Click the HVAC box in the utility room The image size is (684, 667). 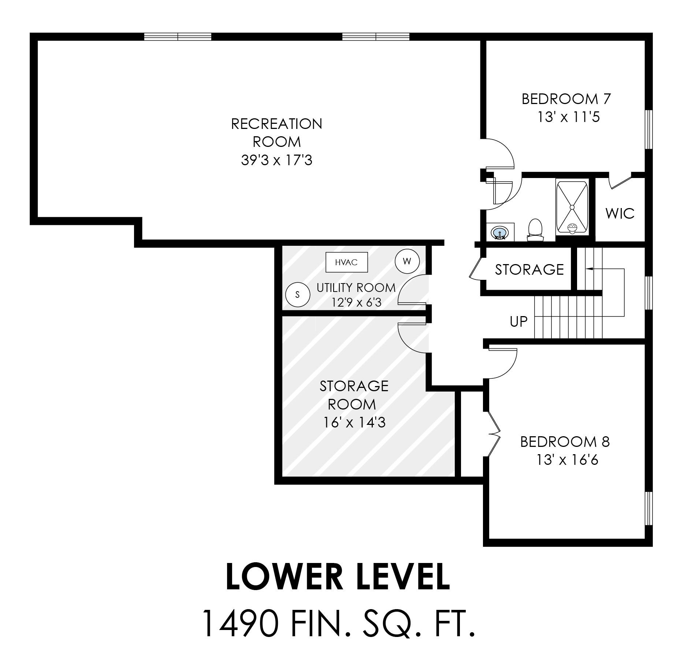point(346,262)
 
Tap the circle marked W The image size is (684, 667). point(407,261)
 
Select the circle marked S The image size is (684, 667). point(297,294)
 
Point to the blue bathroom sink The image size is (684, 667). point(500,233)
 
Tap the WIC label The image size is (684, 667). point(620,213)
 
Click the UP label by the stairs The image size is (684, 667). point(518,322)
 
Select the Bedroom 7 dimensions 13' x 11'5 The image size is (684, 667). point(569,117)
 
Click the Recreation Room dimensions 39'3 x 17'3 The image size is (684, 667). point(276,160)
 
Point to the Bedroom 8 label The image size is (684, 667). point(565,442)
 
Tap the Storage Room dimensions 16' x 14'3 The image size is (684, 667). point(354,423)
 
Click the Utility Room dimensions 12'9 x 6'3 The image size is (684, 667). point(356,302)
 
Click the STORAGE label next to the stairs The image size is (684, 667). point(529,270)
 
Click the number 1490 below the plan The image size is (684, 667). point(241,623)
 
